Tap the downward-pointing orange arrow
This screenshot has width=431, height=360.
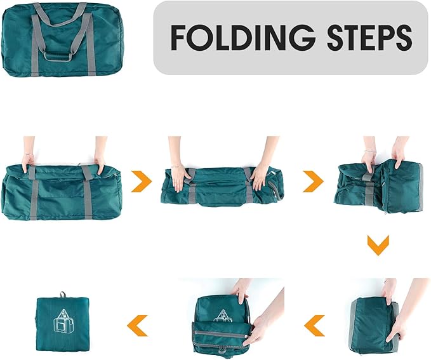(x=378, y=244)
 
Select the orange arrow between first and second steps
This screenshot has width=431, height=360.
(x=142, y=182)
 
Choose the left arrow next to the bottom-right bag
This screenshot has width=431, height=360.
(x=314, y=325)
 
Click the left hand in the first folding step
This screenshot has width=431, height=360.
(x=27, y=162)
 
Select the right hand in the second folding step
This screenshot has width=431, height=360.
(x=260, y=173)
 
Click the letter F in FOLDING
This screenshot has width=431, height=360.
(x=180, y=39)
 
